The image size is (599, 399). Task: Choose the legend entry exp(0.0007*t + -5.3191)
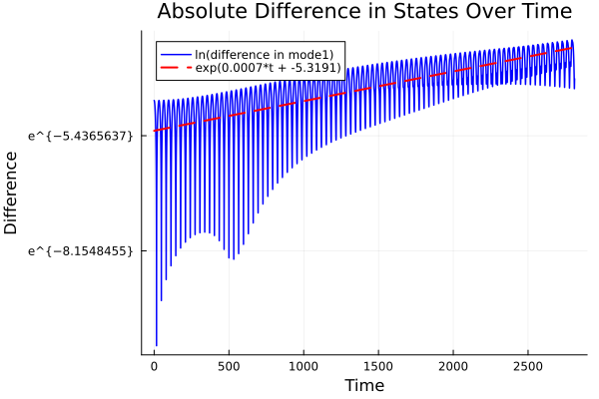click(x=268, y=68)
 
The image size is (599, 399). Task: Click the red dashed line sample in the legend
click(x=176, y=68)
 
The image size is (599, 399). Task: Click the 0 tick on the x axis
click(x=154, y=366)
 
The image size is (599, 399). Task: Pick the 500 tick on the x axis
click(x=229, y=366)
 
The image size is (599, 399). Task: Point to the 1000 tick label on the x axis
click(x=303, y=366)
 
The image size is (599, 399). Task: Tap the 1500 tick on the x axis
click(x=378, y=366)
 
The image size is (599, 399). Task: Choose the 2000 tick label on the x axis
click(x=453, y=366)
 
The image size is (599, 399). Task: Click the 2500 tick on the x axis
click(x=528, y=366)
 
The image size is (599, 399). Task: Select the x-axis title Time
click(x=364, y=385)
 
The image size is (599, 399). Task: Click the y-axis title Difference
click(x=12, y=192)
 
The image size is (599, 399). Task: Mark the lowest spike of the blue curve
click(x=156, y=345)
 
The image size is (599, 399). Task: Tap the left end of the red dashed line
click(x=154, y=131)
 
